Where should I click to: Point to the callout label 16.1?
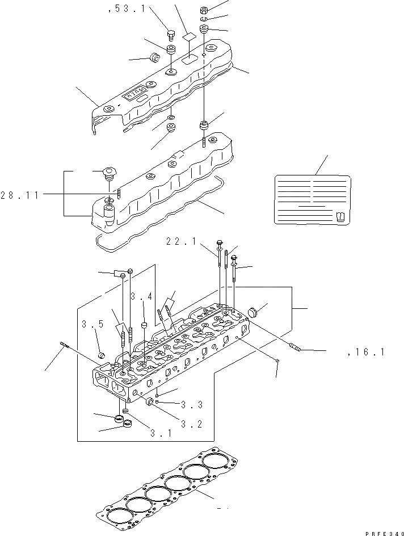367,353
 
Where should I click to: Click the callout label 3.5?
92,325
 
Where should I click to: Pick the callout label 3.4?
141,296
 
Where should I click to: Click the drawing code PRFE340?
383,530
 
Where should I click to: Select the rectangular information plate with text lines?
312,198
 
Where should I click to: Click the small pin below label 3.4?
144,325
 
